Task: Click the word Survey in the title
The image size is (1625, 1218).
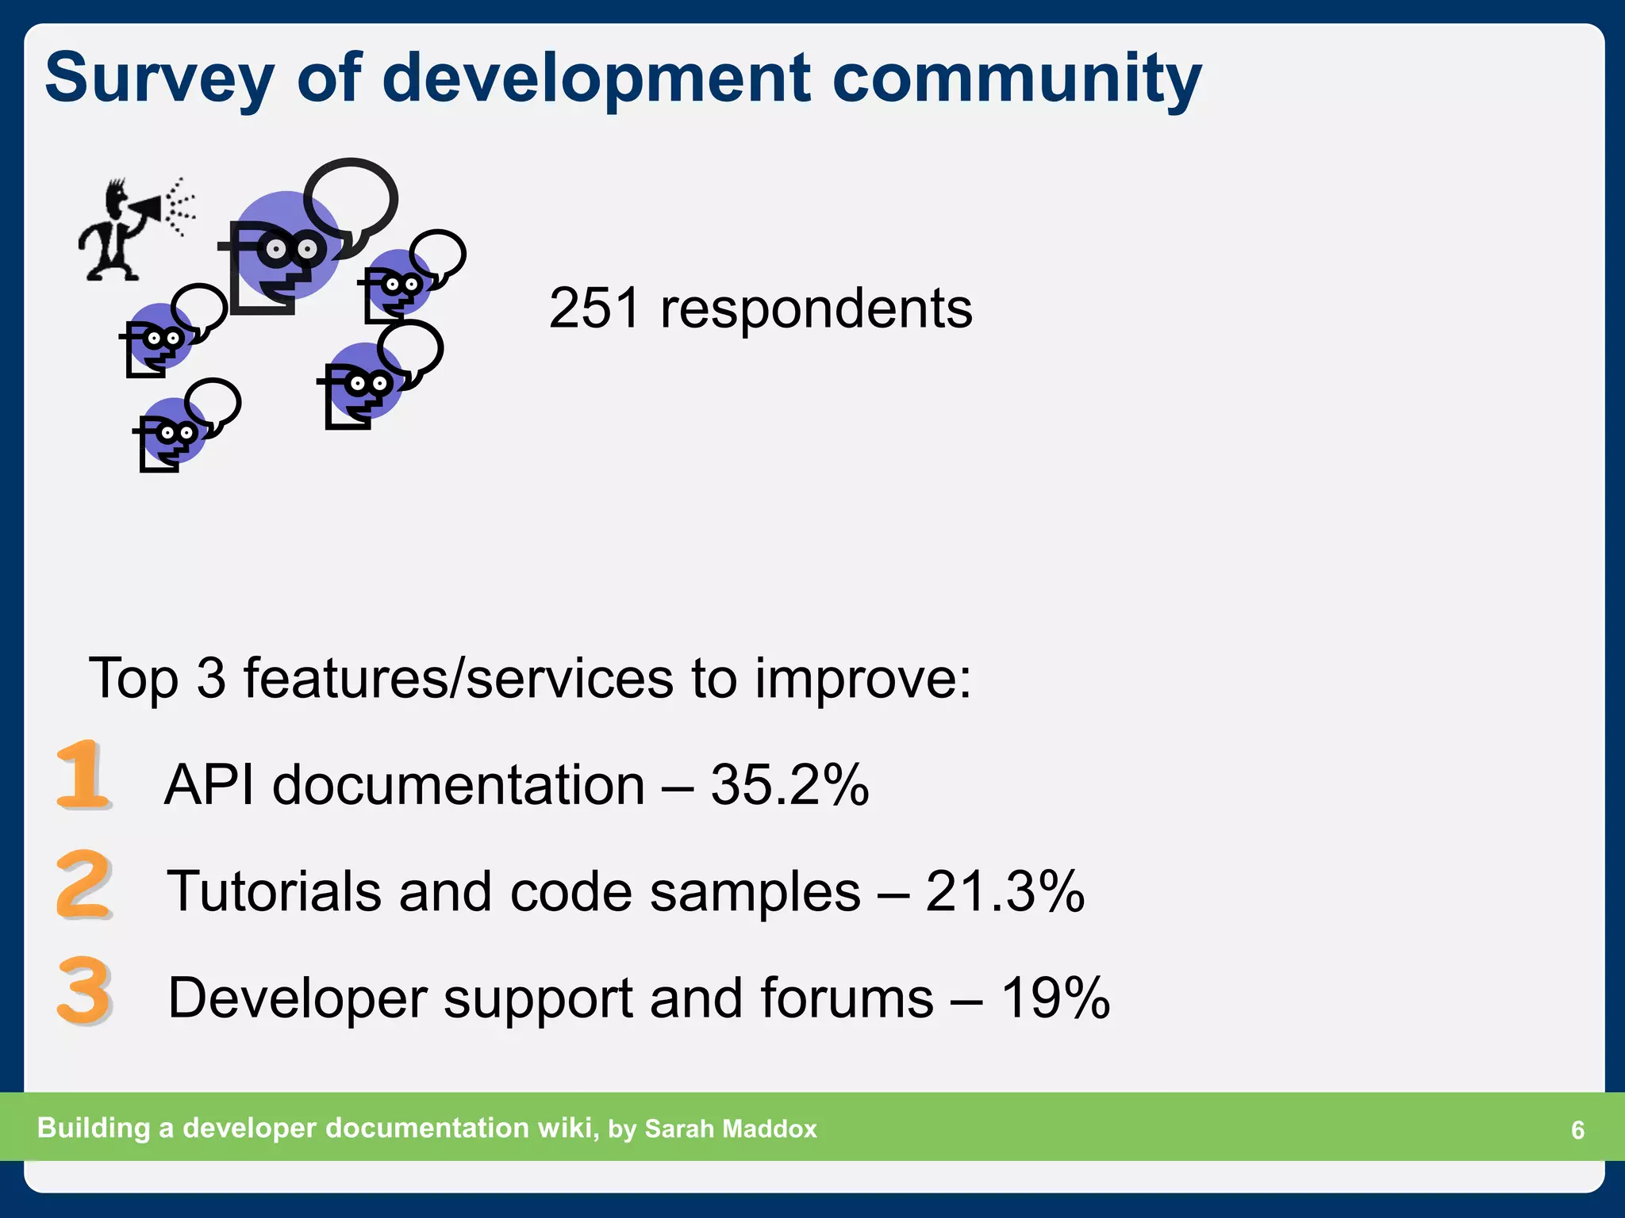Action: click(159, 79)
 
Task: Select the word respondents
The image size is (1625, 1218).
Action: click(816, 309)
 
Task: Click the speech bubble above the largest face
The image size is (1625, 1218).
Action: click(351, 198)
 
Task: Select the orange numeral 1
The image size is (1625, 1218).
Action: click(83, 775)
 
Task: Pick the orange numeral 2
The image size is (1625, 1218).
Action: click(83, 884)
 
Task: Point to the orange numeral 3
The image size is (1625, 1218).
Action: click(83, 990)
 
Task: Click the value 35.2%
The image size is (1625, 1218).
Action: click(789, 785)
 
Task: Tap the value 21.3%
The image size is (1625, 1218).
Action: click(1005, 891)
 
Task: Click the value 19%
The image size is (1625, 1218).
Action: click(1055, 998)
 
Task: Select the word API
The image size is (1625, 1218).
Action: click(209, 785)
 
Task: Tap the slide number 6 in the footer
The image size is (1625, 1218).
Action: click(1577, 1129)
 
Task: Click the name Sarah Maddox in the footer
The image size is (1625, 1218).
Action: click(730, 1128)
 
